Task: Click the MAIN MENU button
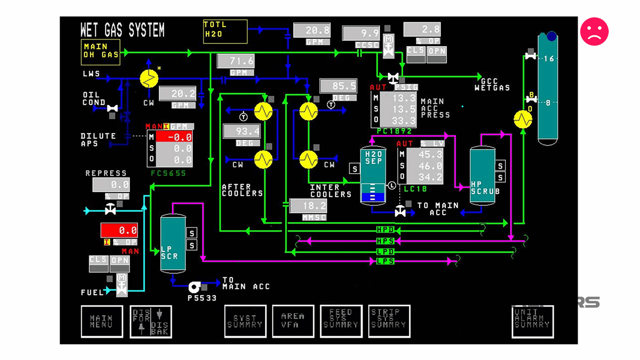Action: click(x=102, y=321)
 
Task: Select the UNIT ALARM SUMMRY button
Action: click(x=532, y=321)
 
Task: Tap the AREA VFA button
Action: click(x=293, y=321)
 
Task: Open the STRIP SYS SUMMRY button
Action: click(x=389, y=321)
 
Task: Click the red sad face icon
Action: click(x=594, y=32)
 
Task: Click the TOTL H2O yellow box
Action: click(x=225, y=31)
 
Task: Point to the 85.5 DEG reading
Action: click(x=338, y=86)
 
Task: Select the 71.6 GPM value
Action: click(x=236, y=61)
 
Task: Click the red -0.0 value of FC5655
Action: click(x=174, y=137)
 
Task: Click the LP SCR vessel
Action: click(x=173, y=243)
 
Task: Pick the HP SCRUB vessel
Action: click(x=482, y=176)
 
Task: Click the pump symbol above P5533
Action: click(x=194, y=287)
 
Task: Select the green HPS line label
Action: click(x=385, y=241)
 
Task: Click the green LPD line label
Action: click(x=385, y=251)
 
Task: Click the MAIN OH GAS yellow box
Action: click(x=100, y=52)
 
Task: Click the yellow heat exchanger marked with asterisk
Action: click(x=149, y=79)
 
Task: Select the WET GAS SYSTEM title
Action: click(x=122, y=30)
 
